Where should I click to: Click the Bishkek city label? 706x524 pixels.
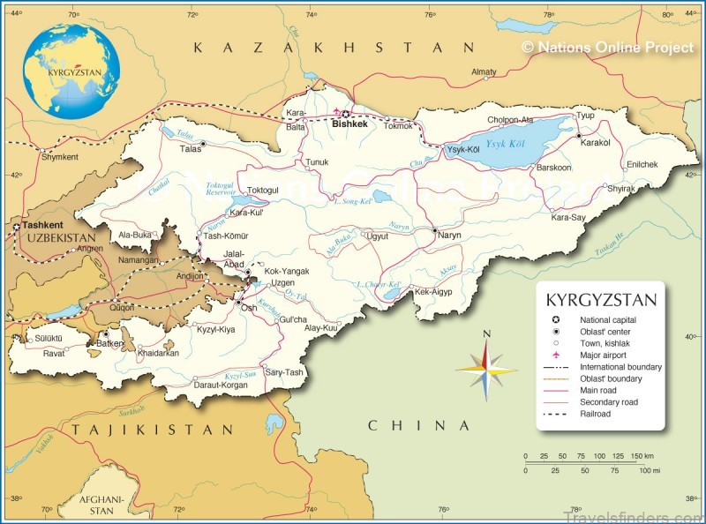349,125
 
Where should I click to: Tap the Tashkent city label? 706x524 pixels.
31,226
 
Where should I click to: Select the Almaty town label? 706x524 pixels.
484,72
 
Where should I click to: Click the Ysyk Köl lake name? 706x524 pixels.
507,145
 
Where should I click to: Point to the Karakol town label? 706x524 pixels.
596,142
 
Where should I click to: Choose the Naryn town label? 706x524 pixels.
449,236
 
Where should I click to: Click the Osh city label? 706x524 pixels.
250,308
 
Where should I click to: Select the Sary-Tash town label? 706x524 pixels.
284,372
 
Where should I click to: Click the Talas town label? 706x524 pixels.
191,150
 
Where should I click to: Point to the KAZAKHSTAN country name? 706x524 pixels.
334,46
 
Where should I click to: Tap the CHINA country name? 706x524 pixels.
419,426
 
